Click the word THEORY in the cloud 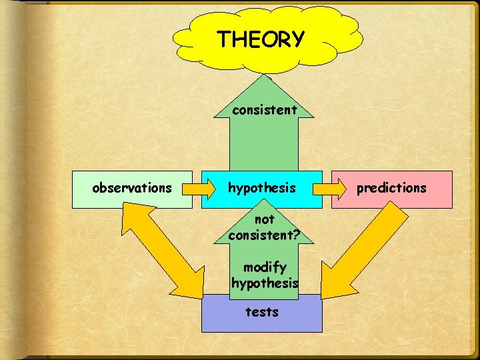point(261,39)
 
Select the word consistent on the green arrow point(265,110)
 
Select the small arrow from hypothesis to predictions point(327,189)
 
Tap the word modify point(265,267)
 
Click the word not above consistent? point(265,219)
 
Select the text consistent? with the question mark point(264,235)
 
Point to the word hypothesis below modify point(265,283)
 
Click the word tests point(261,311)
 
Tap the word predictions point(391,188)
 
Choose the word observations point(131,188)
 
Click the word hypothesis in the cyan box point(262,189)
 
